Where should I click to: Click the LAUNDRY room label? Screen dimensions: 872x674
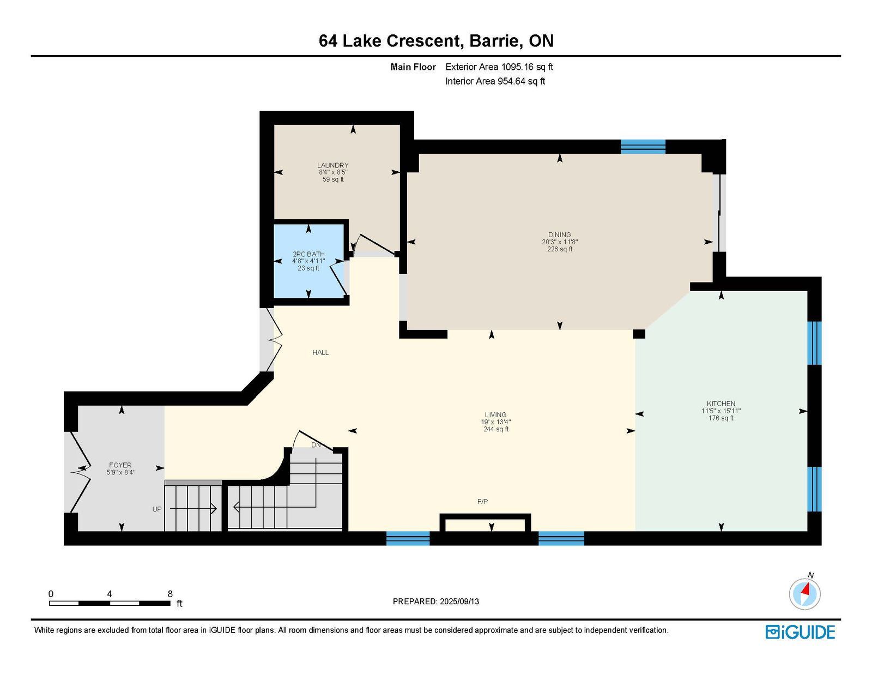point(332,165)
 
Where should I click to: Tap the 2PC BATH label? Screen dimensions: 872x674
point(308,254)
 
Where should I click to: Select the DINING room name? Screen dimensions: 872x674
point(559,234)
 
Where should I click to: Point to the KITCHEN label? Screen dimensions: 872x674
point(721,404)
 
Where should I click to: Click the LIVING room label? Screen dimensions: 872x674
point(495,414)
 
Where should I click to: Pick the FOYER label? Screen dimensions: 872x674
point(120,465)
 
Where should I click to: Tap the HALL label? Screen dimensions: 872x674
point(320,352)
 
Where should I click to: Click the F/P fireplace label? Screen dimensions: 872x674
point(482,501)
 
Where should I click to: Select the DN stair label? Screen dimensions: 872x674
point(316,445)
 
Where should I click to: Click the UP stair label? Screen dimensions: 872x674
point(157,509)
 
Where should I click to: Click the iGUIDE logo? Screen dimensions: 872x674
point(800,632)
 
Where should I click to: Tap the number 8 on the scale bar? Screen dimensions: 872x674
point(170,594)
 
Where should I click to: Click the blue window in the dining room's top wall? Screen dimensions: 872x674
point(643,147)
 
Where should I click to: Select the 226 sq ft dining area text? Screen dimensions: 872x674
point(559,249)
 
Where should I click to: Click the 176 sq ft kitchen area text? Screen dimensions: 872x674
point(721,418)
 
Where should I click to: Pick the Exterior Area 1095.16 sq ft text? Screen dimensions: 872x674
point(499,67)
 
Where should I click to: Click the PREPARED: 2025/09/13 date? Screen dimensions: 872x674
point(436,601)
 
